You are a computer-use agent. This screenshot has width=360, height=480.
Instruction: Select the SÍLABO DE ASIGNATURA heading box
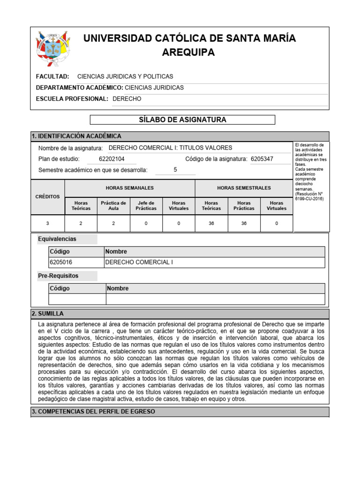coord(182,120)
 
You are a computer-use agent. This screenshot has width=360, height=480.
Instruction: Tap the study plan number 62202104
coord(112,159)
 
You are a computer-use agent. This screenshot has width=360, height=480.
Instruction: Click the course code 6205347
coord(262,159)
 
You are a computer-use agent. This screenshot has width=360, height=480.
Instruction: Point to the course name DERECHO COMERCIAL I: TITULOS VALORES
coord(170,148)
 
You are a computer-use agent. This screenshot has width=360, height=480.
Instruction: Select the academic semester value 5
coord(175,170)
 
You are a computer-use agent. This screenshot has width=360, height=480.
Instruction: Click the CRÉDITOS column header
coord(47,197)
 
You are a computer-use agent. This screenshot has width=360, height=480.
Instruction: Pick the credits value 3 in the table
coord(47,224)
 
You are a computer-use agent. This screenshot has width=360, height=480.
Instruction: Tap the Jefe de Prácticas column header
coord(146,205)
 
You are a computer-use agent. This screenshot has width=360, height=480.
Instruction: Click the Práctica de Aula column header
coord(113,205)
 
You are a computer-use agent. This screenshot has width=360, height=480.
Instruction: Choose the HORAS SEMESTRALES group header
coord(244,188)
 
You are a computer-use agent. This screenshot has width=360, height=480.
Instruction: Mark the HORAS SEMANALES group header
coord(129,188)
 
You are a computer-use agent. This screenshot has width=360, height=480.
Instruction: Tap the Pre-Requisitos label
coord(58,276)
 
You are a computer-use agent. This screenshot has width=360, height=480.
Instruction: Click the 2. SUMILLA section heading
coord(48,314)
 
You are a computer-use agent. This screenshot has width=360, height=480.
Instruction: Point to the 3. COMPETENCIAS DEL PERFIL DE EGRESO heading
coord(93,412)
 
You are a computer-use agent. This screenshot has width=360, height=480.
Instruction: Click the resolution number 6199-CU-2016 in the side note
coord(309,199)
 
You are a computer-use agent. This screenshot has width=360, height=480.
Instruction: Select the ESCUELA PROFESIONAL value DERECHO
coord(127,99)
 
